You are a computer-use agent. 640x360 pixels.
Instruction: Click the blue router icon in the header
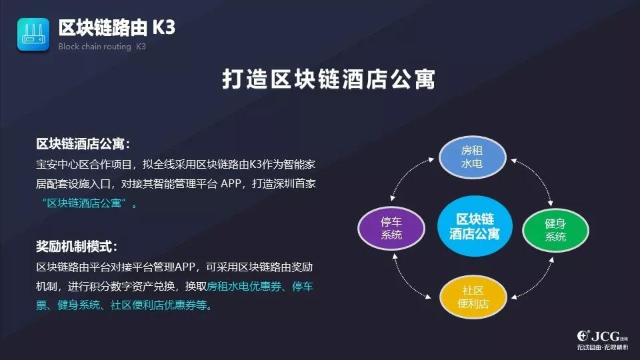[33, 35]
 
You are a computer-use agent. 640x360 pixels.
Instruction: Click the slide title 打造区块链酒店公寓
[329, 79]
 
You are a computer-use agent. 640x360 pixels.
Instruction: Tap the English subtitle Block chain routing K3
[101, 47]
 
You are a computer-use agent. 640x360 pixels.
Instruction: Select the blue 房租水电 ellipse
[472, 157]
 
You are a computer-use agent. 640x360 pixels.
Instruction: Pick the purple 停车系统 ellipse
[391, 228]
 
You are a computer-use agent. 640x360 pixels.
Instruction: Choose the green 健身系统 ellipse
[555, 230]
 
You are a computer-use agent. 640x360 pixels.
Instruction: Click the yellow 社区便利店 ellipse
[473, 297]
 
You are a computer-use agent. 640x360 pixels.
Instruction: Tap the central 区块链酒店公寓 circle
[475, 226]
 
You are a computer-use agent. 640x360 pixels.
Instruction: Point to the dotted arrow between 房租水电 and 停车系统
[407, 173]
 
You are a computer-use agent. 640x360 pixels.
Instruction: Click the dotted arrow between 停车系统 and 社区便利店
[406, 281]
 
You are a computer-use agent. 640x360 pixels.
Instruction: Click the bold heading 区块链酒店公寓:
[83, 144]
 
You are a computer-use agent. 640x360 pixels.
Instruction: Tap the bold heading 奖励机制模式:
[77, 247]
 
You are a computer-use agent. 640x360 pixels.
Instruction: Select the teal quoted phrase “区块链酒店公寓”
[85, 203]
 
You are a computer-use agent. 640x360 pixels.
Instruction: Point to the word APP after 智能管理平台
[231, 184]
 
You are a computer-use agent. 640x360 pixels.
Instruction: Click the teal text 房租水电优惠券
[244, 286]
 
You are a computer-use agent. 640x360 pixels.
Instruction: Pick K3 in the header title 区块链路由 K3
[164, 28]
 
